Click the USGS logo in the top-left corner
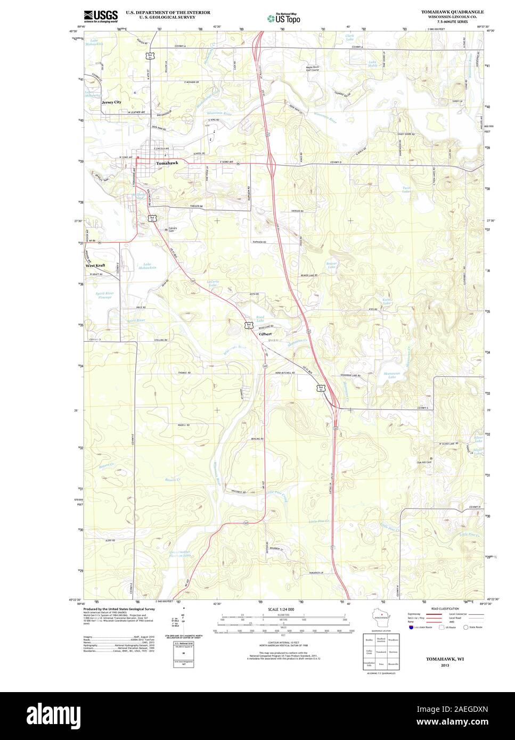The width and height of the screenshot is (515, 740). tap(101, 16)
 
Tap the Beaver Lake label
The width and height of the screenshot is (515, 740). tap(332, 265)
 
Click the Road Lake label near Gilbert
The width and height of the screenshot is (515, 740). tap(260, 318)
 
